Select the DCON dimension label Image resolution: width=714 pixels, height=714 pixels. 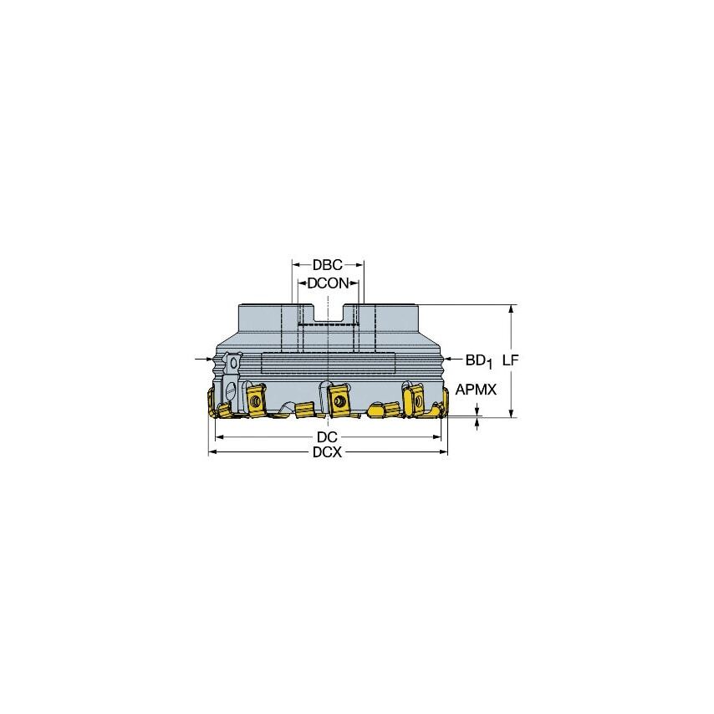point(327,283)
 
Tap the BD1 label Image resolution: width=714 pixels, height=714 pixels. point(478,360)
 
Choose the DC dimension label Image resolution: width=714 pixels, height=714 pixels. point(327,437)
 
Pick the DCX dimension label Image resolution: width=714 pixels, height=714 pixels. point(327,452)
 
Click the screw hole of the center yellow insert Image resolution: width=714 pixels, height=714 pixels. point(339,400)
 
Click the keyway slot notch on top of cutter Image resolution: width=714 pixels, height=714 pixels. point(327,314)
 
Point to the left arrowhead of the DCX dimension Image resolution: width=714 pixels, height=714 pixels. point(212,452)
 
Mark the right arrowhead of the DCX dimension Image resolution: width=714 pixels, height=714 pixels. point(444,452)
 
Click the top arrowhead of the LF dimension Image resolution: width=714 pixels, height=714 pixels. point(511,309)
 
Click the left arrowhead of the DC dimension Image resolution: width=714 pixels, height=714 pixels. point(219,437)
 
